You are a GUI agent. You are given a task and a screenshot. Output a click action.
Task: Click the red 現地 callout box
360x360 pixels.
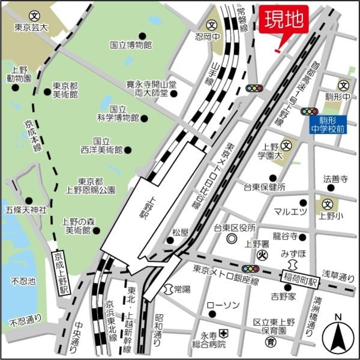pos(284,20)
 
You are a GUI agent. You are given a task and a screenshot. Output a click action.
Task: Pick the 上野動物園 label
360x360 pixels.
pos(19,74)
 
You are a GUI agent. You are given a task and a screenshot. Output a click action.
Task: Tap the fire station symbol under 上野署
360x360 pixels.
pos(262,254)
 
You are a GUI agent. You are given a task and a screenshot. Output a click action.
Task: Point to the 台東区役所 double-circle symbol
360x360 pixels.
pos(232,239)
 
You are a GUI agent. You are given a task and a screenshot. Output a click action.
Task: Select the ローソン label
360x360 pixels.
pos(223,305)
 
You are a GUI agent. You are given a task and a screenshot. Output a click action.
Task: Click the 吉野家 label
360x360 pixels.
pos(283,296)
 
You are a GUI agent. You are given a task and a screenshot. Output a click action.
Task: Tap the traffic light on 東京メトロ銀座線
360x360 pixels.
pos(251,269)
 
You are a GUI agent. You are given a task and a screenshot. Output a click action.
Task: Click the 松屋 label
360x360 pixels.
pos(180,231)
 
